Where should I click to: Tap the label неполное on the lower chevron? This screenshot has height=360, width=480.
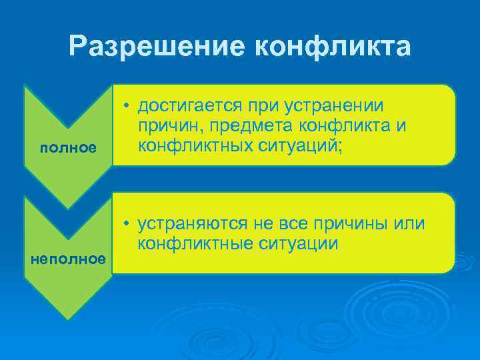(x=68, y=258)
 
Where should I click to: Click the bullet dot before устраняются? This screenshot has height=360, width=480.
(x=125, y=224)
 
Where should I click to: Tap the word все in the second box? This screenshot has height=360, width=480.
(x=306, y=223)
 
